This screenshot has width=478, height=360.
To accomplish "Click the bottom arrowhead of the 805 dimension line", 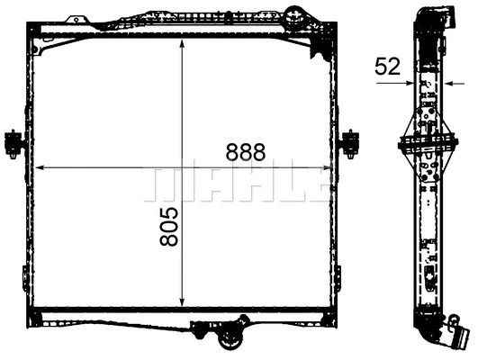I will tap(184, 302).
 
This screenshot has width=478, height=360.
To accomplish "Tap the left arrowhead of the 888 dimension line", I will tap(39, 166).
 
